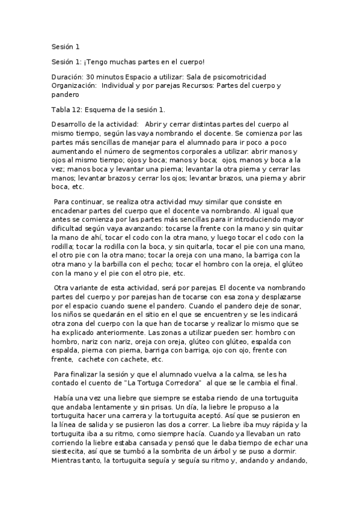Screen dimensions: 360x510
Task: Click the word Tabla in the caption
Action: pyautogui.click(x=62, y=109)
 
